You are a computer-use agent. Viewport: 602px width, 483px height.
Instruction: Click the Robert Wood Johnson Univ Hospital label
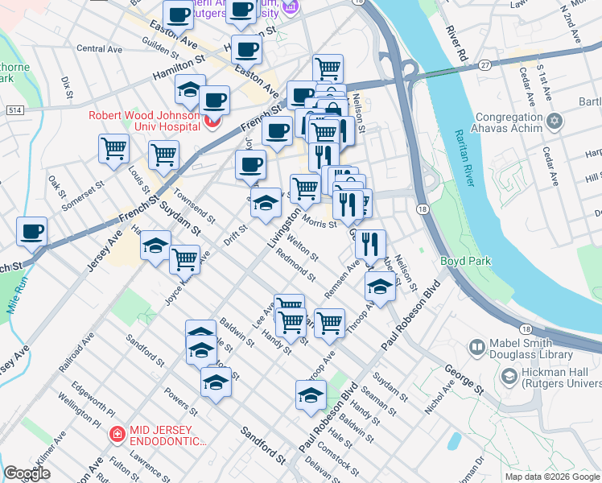coord(144,120)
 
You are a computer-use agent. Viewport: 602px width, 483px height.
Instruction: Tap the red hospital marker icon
coord(213,122)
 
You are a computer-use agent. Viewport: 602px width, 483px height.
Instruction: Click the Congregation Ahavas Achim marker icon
coord(554,122)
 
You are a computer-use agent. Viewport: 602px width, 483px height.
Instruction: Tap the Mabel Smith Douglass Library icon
coord(477,348)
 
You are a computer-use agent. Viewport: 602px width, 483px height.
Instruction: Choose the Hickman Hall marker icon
coord(509,376)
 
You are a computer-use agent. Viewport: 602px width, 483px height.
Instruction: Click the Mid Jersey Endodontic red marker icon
coord(117,435)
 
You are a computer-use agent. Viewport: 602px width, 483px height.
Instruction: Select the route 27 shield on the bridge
coord(484,64)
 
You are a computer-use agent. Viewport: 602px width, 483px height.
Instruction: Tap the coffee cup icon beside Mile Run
coord(32,232)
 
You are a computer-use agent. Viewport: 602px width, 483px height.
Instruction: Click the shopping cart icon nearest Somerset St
coord(114,148)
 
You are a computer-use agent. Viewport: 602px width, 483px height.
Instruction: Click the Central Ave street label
coord(99,49)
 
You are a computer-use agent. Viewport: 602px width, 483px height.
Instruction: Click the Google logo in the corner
coord(27,473)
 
